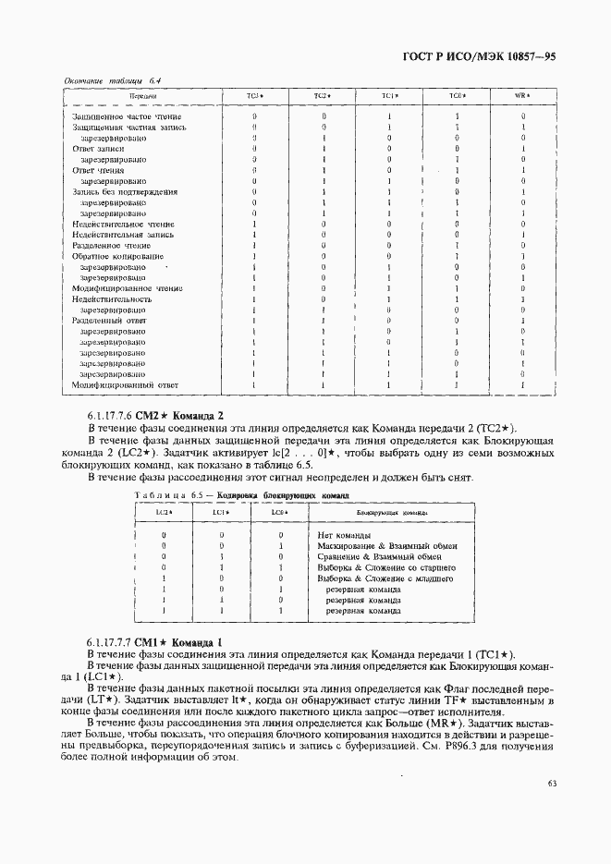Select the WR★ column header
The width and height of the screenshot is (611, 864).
(x=521, y=96)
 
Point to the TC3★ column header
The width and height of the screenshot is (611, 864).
(x=254, y=96)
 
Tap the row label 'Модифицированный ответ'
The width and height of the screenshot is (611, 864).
(x=125, y=384)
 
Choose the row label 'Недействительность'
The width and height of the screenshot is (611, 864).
(x=112, y=299)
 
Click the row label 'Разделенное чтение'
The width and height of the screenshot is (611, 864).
(x=111, y=246)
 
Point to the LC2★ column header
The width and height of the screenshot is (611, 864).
(x=163, y=511)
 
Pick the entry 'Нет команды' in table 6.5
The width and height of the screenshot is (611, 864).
(x=344, y=535)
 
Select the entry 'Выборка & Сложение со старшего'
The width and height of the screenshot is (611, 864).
(x=385, y=567)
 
